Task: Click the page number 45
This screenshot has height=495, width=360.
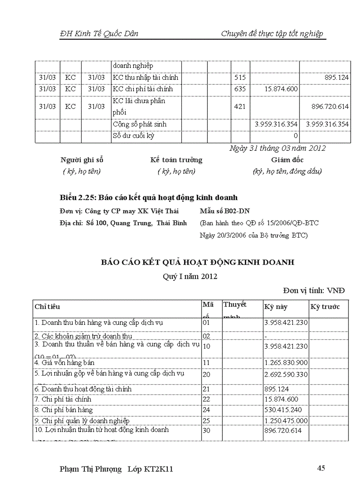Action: (x=321, y=468)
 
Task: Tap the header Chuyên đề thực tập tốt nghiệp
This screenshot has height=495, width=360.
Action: (x=272, y=34)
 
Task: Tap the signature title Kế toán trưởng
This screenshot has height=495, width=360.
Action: (x=176, y=160)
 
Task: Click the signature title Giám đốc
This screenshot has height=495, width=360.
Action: (x=287, y=160)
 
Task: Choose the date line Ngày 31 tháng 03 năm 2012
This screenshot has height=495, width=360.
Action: (x=277, y=148)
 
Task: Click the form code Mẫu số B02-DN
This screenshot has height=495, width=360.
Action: (x=225, y=211)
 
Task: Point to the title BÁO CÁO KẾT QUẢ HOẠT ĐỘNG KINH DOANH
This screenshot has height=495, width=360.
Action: (x=198, y=262)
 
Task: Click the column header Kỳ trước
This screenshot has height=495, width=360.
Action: (x=325, y=307)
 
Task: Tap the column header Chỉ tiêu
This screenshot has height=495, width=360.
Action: (x=47, y=306)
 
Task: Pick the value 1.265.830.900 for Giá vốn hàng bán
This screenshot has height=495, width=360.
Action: (x=286, y=362)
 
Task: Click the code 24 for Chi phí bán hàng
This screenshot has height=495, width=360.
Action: (x=206, y=410)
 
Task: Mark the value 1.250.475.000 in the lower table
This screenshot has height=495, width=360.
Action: (x=286, y=421)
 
